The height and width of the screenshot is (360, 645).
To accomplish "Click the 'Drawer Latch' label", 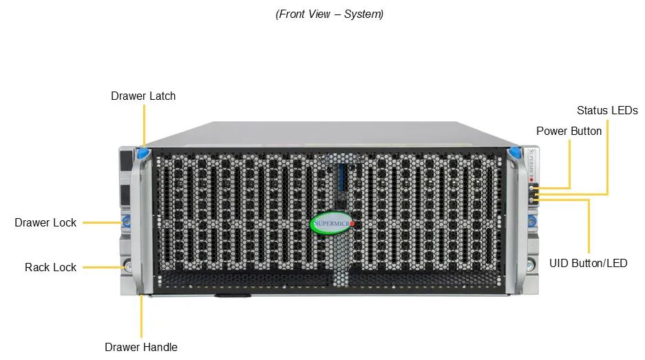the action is click(143, 96).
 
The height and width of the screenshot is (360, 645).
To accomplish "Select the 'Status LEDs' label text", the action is click(607, 110).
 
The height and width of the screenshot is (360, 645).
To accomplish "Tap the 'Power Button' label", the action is click(569, 131).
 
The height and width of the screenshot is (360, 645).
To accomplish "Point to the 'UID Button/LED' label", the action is click(589, 264).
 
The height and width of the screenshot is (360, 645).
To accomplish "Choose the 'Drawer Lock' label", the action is click(45, 222).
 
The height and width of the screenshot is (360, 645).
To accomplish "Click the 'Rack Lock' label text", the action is click(51, 268).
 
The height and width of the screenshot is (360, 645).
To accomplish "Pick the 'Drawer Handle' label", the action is click(141, 347).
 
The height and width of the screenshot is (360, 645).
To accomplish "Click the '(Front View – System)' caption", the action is click(330, 14).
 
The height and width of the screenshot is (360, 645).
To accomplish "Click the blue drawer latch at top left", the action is click(143, 153).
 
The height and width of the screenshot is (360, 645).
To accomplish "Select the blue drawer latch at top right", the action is click(514, 153).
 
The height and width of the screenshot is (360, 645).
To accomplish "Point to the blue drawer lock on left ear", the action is click(126, 222).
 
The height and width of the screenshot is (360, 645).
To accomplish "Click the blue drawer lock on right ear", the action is click(532, 222).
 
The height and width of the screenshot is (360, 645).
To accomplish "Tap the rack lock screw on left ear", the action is click(128, 266).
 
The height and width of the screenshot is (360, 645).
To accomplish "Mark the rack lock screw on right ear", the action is click(531, 264).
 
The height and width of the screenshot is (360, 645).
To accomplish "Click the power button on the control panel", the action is click(531, 188).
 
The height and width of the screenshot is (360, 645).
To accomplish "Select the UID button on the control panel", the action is click(531, 200).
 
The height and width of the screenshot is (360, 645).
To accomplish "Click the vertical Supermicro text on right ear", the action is click(531, 165).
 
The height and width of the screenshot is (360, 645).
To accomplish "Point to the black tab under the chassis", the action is click(233, 295).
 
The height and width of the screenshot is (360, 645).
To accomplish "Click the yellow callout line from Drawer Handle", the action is click(142, 316).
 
